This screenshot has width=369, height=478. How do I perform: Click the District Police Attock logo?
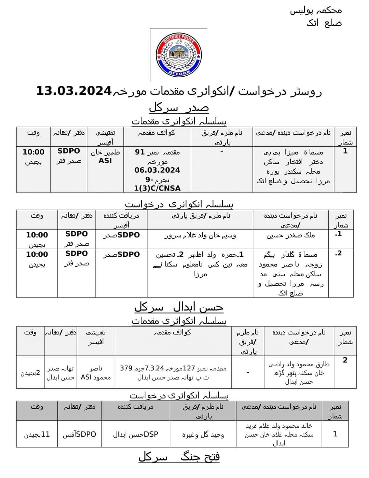(x=179, y=55)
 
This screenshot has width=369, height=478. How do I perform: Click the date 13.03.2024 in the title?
(x=74, y=91)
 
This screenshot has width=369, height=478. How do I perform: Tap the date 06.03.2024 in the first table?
(x=157, y=170)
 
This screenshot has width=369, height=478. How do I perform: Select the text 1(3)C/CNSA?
(x=157, y=188)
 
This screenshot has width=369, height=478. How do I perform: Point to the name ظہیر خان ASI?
(x=105, y=157)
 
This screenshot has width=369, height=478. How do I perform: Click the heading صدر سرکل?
(x=179, y=108)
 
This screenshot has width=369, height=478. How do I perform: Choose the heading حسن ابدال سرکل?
(x=179, y=307)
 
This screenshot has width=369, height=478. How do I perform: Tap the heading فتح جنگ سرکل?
(x=179, y=457)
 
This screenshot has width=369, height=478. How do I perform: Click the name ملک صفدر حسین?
(x=290, y=235)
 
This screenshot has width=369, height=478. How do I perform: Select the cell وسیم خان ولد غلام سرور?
(x=200, y=235)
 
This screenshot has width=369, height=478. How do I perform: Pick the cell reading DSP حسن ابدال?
(x=136, y=434)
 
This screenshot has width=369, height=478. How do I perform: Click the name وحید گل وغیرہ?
(x=203, y=435)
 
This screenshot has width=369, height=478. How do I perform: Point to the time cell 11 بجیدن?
(x=37, y=434)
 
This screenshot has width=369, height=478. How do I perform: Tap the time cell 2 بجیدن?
(x=30, y=373)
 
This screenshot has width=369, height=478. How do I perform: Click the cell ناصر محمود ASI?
(x=96, y=373)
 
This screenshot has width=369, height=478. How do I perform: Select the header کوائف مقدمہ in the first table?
(x=157, y=133)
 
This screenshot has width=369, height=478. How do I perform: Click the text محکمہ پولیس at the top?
(x=316, y=10)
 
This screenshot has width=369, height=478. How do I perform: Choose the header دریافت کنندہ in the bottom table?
(x=136, y=407)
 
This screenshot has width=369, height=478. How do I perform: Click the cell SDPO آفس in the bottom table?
(x=79, y=434)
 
